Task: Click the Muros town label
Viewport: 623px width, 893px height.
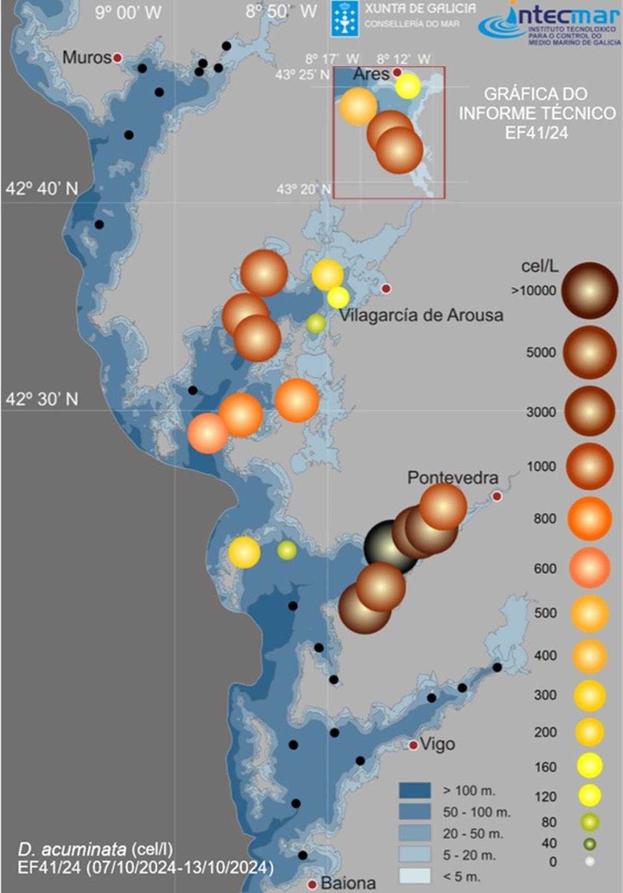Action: [x=87, y=57]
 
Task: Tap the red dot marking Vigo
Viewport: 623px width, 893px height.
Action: [x=413, y=746]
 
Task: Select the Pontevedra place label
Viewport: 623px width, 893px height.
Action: [x=453, y=478]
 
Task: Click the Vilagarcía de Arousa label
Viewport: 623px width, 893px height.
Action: [x=421, y=315]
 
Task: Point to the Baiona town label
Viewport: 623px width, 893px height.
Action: [x=348, y=883]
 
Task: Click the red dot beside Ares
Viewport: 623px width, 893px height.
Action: [x=397, y=72]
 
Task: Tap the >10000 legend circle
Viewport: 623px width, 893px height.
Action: [x=589, y=290]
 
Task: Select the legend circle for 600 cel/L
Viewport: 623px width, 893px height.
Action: [x=589, y=568]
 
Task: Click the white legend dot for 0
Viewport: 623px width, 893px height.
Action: [x=589, y=862]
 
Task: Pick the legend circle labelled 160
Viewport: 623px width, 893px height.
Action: [x=589, y=766]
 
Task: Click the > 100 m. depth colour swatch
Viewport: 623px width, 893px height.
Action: [x=415, y=791]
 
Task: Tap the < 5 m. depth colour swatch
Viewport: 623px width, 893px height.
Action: [x=415, y=876]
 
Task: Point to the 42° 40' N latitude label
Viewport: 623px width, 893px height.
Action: [x=42, y=188]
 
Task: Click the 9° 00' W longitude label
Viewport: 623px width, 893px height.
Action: [x=128, y=12]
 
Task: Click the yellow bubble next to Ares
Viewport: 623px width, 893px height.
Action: [x=408, y=86]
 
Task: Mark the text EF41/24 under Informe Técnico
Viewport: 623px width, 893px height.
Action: [x=536, y=133]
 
